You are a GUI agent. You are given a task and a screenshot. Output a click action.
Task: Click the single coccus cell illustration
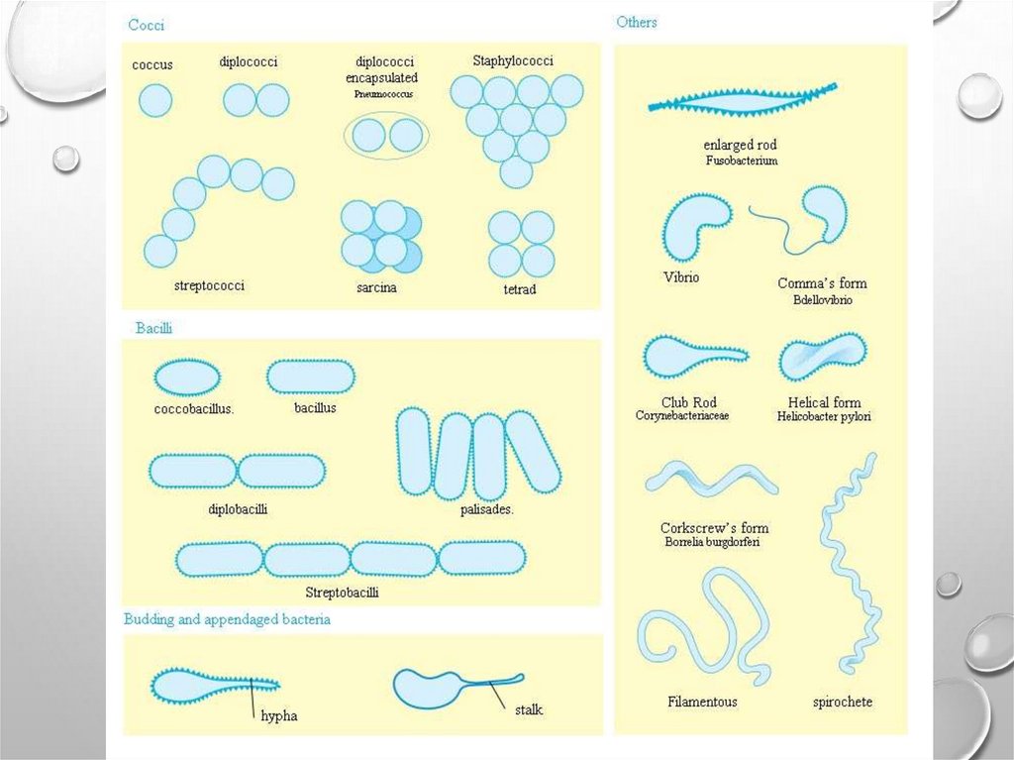155,100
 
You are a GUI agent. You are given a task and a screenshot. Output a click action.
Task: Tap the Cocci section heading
147,26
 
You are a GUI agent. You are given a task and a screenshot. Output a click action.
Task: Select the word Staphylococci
513,61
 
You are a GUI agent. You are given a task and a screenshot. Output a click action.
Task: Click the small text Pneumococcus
382,94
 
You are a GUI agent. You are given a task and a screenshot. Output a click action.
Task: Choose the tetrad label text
519,290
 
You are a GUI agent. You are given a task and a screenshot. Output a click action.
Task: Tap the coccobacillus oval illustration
187,377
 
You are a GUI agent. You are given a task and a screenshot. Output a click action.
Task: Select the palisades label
487,510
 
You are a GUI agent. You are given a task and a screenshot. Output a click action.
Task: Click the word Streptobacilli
342,593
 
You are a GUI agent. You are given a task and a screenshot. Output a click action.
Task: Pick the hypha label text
279,715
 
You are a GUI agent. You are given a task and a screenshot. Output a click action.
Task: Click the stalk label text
529,709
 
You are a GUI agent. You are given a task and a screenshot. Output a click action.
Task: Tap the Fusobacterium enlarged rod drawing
741,100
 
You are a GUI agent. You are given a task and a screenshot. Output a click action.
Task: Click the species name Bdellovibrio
822,299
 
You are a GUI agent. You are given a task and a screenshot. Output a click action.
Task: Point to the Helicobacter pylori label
824,417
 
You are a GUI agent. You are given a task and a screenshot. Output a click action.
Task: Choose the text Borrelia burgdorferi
713,542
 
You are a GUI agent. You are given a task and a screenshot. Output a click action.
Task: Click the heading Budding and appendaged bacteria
227,619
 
